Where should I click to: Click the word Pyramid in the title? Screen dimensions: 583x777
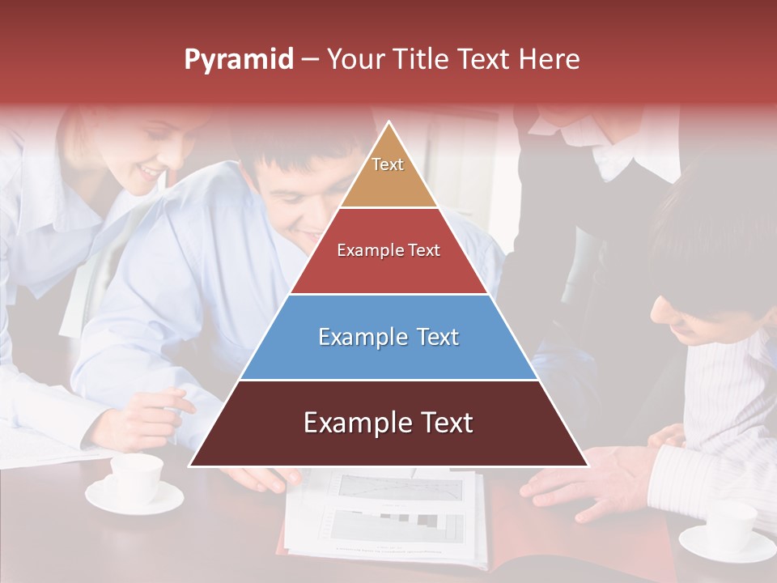[x=238, y=60]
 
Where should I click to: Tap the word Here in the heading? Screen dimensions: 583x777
[x=549, y=59]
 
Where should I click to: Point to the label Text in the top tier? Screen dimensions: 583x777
[x=388, y=164]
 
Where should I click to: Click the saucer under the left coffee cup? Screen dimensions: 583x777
[x=134, y=499]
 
